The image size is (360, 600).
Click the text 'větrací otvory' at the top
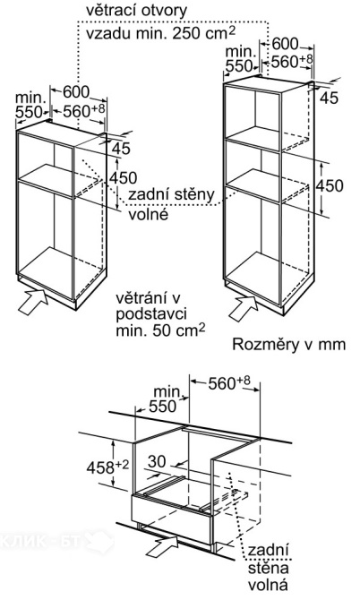(137, 11)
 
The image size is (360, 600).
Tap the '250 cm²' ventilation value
(204, 33)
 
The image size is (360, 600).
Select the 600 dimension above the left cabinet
(76, 92)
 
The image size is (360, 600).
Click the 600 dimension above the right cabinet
(285, 44)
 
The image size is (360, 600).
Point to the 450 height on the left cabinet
(123, 178)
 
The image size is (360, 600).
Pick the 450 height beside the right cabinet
(330, 185)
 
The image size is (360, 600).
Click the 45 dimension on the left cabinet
(121, 149)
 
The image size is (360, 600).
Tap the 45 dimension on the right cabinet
(330, 98)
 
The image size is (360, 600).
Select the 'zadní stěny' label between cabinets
(171, 194)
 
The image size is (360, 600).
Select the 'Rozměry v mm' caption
(289, 345)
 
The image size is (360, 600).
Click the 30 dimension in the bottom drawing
(157, 462)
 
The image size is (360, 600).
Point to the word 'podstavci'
(151, 314)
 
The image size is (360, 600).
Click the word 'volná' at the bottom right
(268, 585)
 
